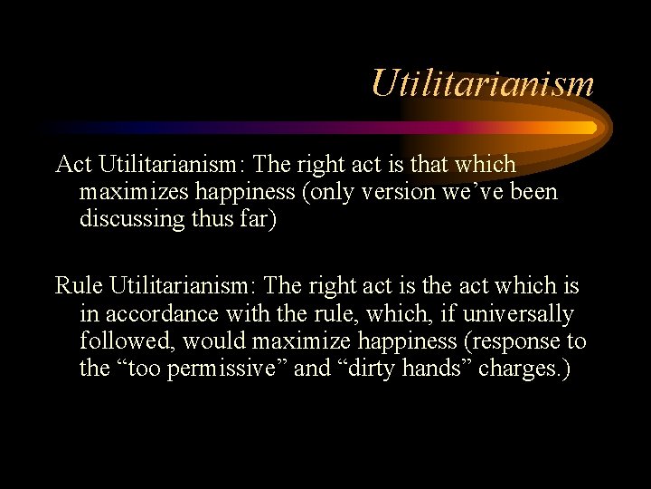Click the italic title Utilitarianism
pyautogui.click(x=482, y=83)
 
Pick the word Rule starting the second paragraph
pyautogui.click(x=80, y=286)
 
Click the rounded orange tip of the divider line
pyautogui.click(x=590, y=128)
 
